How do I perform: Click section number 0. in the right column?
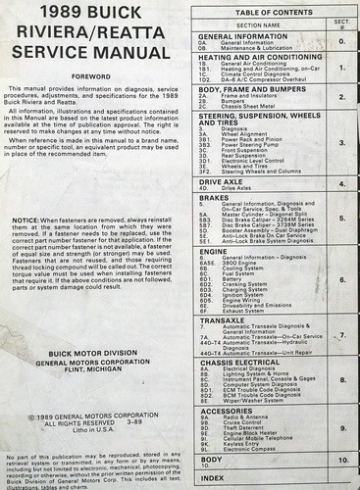(x=341, y=42)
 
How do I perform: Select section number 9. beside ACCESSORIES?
(x=341, y=429)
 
